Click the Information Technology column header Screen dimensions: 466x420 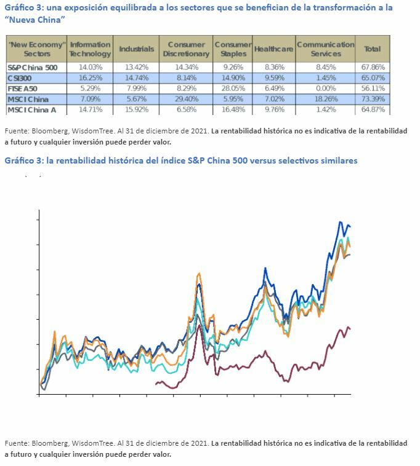(x=90, y=49)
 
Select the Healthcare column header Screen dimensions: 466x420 (x=273, y=49)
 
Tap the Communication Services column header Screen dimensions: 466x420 (x=325, y=49)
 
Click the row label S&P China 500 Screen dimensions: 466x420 (x=33, y=67)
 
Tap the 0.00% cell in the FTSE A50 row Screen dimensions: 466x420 (x=325, y=89)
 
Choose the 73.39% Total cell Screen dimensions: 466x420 (x=373, y=99)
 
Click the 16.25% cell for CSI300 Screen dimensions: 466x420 (x=90, y=78)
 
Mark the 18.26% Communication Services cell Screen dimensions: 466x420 (x=325, y=99)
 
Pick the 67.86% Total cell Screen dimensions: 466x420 (x=373, y=67)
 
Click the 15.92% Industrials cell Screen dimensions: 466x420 (x=136, y=109)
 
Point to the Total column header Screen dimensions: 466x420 (x=373, y=49)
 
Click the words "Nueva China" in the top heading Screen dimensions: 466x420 (x=36, y=20)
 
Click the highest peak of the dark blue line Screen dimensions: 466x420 (x=341, y=221)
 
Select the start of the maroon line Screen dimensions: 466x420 (x=156, y=383)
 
